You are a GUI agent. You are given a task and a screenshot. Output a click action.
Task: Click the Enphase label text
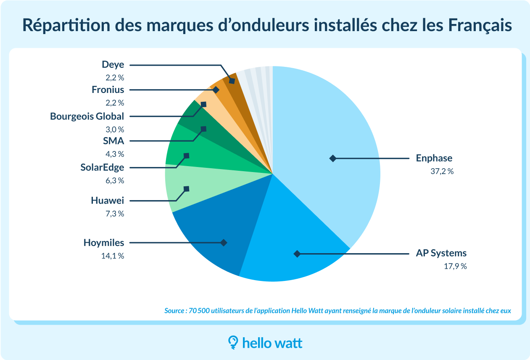[434, 159]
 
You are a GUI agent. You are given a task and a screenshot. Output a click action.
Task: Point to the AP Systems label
[441, 253]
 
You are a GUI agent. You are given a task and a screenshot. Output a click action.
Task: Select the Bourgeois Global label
[87, 116]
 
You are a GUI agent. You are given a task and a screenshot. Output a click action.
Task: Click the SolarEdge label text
[102, 167]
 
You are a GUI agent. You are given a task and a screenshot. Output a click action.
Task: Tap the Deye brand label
[113, 65]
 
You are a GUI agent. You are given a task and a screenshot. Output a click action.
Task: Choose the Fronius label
[108, 90]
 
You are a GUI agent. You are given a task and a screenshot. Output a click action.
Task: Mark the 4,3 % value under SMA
[115, 154]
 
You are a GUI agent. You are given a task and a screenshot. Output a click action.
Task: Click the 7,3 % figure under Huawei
[115, 214]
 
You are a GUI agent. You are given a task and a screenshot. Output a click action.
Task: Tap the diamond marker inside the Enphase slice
[332, 159]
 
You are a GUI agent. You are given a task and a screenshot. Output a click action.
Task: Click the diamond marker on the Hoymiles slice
[224, 243]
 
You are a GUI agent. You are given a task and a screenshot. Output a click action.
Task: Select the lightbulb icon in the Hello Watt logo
[232, 342]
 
